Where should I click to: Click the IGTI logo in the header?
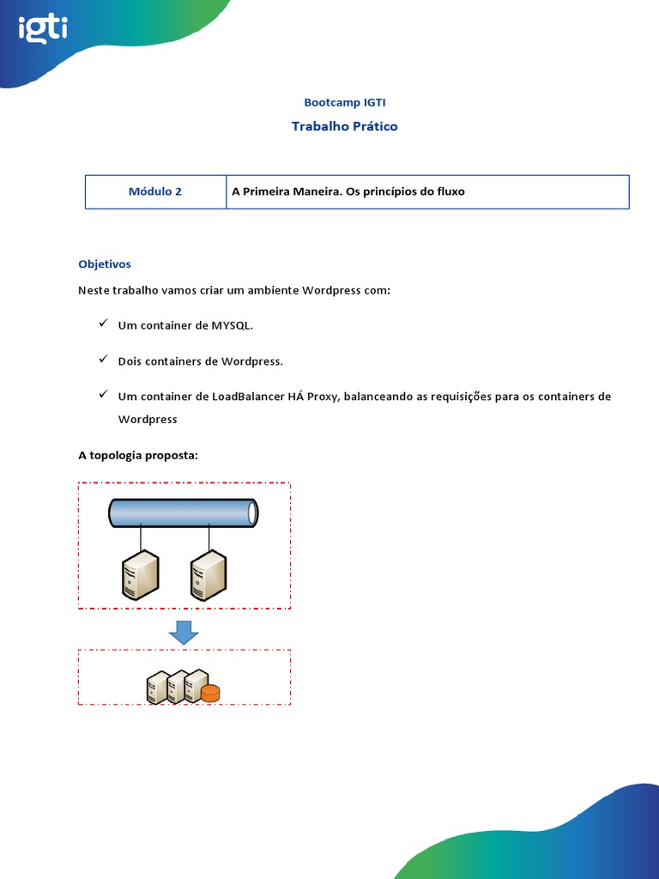pos(43,31)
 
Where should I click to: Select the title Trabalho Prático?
pos(344,126)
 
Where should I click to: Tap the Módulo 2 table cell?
pos(155,191)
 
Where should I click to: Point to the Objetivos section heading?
pos(105,264)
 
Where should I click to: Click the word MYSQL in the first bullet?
pos(232,326)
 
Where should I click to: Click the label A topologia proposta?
pos(138,455)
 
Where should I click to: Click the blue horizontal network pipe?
pos(183,512)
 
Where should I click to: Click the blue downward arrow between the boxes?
pos(184,633)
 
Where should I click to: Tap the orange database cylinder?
pos(210,692)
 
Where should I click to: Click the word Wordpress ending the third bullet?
pos(148,420)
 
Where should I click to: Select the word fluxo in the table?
pos(449,191)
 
